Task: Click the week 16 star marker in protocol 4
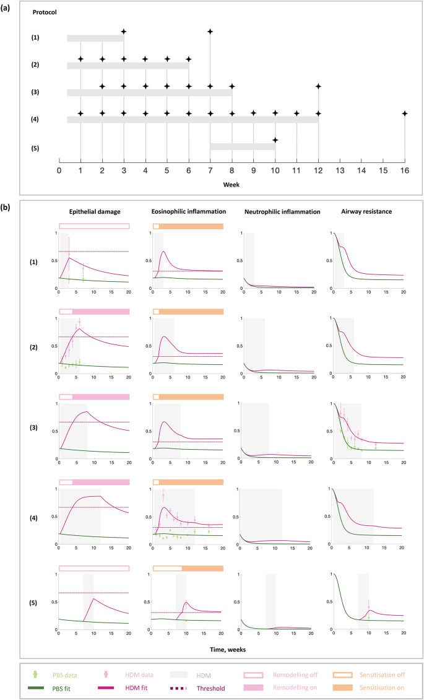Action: (x=405, y=113)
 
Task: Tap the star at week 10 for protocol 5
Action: (x=275, y=140)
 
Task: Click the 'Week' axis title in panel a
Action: (x=231, y=184)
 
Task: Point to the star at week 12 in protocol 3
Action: (x=318, y=86)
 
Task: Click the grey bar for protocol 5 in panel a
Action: (x=243, y=147)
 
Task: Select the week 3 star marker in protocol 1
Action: (x=124, y=32)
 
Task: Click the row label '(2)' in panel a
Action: (x=35, y=65)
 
